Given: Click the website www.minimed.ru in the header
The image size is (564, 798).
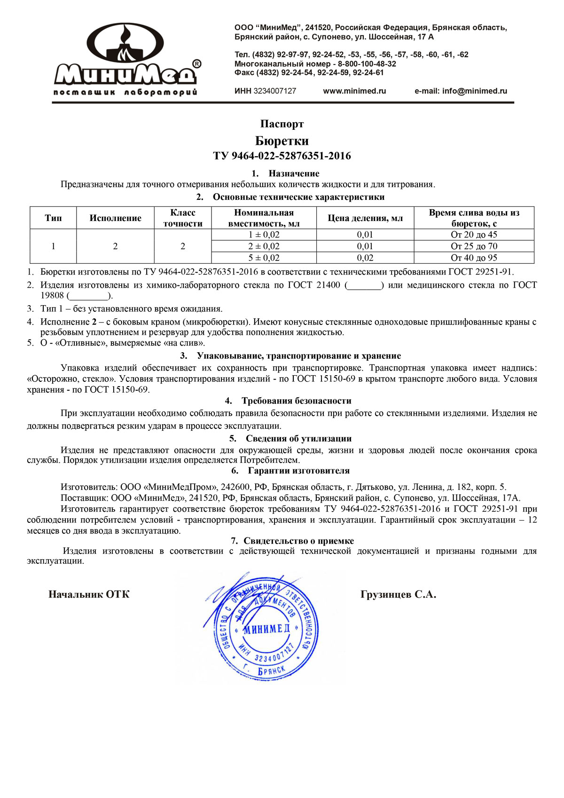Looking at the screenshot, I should (354, 91).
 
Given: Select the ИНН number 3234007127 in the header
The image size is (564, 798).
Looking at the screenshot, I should (274, 91).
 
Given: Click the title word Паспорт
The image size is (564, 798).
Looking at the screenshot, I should (282, 124).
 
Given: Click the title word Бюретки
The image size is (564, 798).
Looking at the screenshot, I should (282, 141).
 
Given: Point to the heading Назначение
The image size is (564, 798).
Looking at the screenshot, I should (293, 174).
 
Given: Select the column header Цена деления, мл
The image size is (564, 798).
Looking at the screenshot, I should (365, 218).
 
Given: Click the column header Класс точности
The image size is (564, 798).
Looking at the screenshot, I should (183, 218).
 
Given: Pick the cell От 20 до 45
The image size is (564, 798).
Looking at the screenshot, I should (474, 235).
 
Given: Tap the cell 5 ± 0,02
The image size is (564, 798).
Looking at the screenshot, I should (264, 258).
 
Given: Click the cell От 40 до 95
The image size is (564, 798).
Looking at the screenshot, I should (474, 258).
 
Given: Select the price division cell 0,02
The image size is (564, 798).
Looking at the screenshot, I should (365, 258).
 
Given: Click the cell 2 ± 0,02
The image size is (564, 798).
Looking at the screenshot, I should (264, 246).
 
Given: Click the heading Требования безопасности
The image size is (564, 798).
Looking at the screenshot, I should (296, 401).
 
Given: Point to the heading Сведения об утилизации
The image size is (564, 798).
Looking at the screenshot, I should (298, 439).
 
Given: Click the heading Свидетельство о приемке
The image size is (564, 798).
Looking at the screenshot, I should (298, 541).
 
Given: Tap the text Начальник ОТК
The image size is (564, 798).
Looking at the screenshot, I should (89, 594).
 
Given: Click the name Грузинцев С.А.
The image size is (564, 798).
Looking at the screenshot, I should (398, 594).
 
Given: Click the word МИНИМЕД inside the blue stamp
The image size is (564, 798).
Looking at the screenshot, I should (266, 629).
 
